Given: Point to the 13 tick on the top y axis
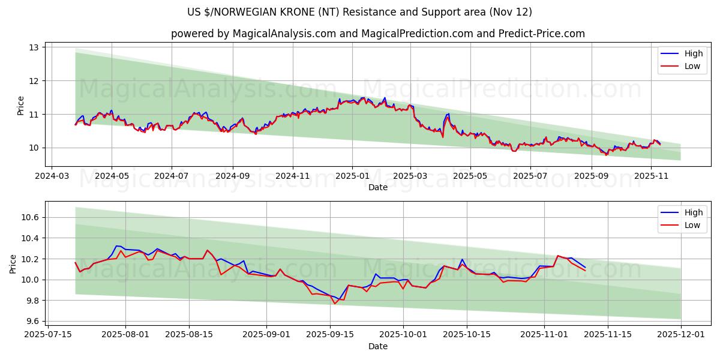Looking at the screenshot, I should (x=34, y=47).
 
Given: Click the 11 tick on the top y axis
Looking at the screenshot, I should (x=34, y=114).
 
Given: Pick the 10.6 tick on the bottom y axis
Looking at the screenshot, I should (x=30, y=217).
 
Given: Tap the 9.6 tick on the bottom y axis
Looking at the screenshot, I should (x=30, y=321).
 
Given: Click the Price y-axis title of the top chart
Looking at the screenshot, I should (x=21, y=106).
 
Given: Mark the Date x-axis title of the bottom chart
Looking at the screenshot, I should (x=378, y=346).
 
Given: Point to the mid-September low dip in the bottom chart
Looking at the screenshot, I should (x=335, y=304).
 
